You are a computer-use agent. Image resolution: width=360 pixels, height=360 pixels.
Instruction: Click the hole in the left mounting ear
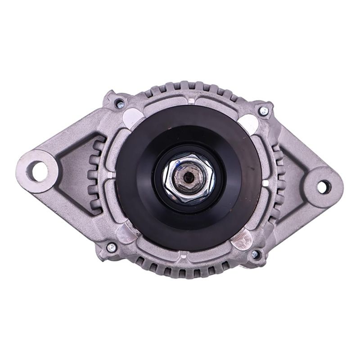coord(39,171)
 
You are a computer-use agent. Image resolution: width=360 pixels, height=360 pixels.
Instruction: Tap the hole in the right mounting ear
coord(323,186)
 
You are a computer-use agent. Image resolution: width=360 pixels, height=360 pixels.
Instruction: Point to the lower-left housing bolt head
coord(111,247)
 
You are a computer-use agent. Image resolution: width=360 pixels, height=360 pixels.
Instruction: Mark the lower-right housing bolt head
coord(255,254)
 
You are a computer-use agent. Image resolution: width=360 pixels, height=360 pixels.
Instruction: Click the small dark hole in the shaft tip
coord(189,177)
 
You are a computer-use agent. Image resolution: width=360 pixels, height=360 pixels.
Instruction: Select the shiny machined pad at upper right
coord(248,121)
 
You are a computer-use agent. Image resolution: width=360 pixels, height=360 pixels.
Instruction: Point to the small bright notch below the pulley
coord(183,256)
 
